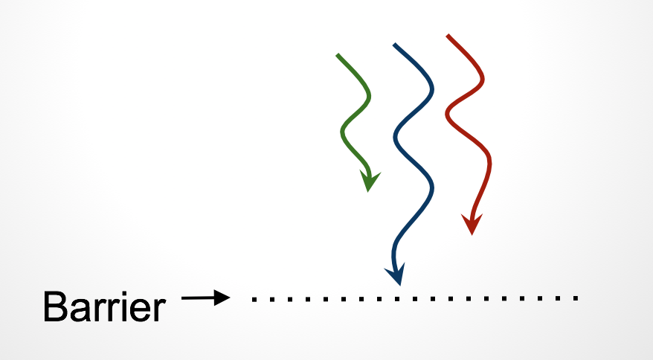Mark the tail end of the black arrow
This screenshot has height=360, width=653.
coord(184,299)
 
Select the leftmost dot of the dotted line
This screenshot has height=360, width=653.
coord(254,299)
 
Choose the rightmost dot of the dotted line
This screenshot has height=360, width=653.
coord(576,299)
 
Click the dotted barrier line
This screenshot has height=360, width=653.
coord(414,299)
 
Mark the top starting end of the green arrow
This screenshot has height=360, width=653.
coord(338,55)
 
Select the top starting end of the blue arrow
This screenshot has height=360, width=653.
coord(394,45)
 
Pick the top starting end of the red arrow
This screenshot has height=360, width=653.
coord(448,35)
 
